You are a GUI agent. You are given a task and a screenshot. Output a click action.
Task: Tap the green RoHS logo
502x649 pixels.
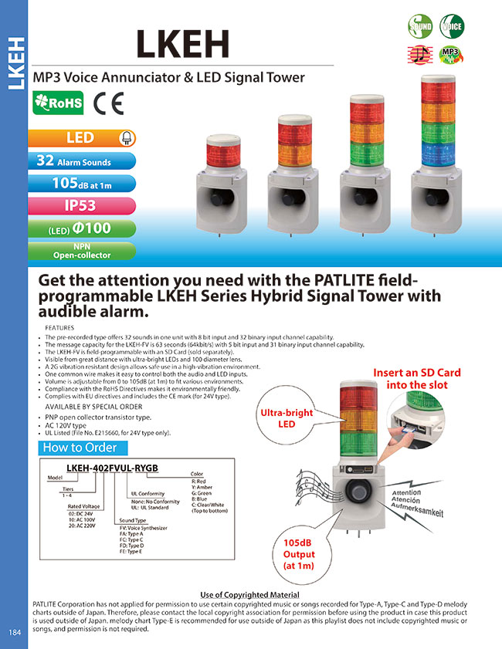[x=59, y=103]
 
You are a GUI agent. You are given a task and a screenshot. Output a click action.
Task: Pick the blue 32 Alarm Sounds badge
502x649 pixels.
[x=82, y=161]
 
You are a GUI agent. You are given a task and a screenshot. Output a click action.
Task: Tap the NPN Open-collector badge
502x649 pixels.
[x=82, y=250]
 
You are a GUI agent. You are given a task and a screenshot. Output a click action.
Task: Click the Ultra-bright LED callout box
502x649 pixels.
[x=288, y=419]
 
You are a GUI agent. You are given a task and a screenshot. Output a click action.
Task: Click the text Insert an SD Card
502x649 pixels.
[x=417, y=373]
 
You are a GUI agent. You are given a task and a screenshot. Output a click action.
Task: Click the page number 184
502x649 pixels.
[x=15, y=633]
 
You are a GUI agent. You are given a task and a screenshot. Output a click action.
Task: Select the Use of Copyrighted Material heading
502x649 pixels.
[x=249, y=594]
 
